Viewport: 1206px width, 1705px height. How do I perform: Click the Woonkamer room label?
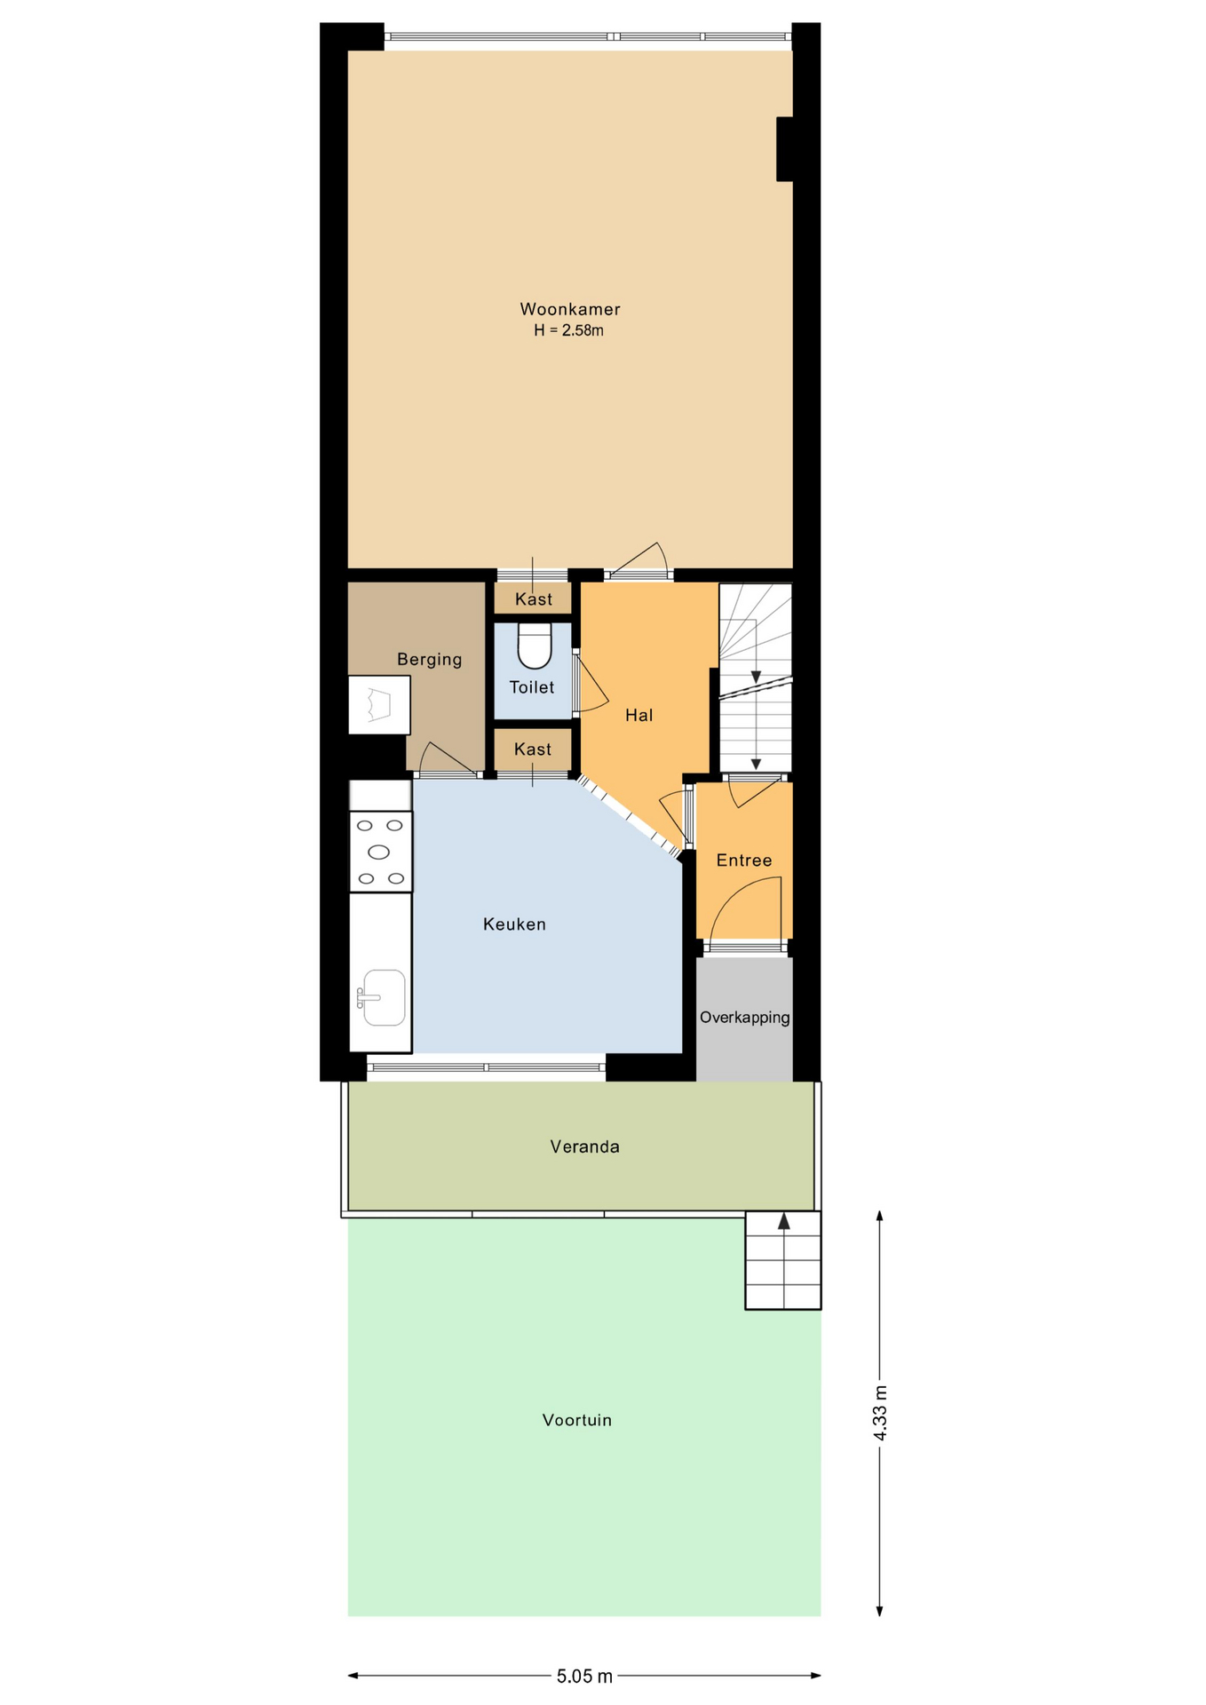pyautogui.click(x=570, y=309)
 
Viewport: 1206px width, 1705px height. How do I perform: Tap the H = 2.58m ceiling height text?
pyautogui.click(x=568, y=330)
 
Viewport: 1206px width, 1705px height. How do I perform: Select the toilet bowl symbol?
pyautogui.click(x=535, y=646)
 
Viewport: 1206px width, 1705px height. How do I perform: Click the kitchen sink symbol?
pyautogui.click(x=383, y=997)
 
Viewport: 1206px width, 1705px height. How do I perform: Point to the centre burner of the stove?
pyautogui.click(x=379, y=852)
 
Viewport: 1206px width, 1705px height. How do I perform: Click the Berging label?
pyautogui.click(x=430, y=659)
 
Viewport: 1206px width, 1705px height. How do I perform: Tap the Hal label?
pyautogui.click(x=639, y=715)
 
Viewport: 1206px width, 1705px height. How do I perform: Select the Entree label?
pyautogui.click(x=744, y=860)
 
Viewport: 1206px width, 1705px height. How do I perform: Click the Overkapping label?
pyautogui.click(x=744, y=1017)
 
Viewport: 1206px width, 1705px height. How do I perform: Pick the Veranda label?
pyautogui.click(x=584, y=1146)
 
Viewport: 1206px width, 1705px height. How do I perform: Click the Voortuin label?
pyautogui.click(x=577, y=1420)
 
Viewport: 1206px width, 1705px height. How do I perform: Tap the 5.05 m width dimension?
pyautogui.click(x=584, y=1676)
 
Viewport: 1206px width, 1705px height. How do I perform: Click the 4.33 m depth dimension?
pyautogui.click(x=880, y=1412)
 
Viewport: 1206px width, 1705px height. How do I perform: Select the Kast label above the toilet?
pyautogui.click(x=534, y=599)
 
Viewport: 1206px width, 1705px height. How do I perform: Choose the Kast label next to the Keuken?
pyautogui.click(x=533, y=749)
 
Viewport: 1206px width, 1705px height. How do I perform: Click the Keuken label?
pyautogui.click(x=514, y=924)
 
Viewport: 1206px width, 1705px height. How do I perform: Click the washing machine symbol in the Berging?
pyautogui.click(x=379, y=705)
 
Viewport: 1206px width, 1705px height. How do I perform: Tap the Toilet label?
pyautogui.click(x=532, y=687)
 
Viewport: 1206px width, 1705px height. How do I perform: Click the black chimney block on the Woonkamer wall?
pyautogui.click(x=785, y=149)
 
